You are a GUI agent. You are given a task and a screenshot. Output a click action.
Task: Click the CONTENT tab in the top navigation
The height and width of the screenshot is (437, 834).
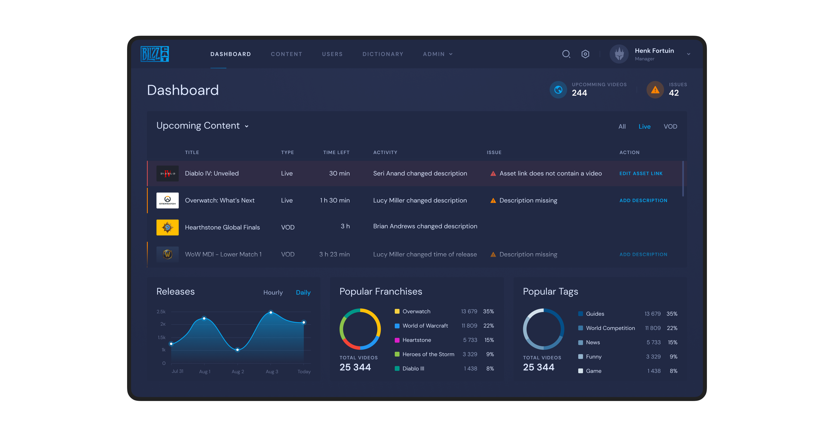click(x=286, y=54)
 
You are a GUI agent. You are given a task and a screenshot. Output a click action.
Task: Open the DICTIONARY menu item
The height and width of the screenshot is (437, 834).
click(x=383, y=54)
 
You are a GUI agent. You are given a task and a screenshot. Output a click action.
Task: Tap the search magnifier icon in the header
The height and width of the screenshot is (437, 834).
click(x=566, y=54)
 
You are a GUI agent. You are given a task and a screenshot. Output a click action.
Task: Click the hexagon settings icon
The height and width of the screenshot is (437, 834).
click(x=585, y=54)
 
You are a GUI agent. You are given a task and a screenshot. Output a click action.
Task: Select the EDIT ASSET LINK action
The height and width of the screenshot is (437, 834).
click(x=641, y=174)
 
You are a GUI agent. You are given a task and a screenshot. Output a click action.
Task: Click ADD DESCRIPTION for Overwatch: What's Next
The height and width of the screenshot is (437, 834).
click(x=643, y=201)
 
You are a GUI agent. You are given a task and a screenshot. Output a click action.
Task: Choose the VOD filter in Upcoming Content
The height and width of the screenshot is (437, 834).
click(x=670, y=127)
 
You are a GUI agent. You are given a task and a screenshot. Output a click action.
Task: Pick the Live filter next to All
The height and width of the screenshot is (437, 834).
click(x=644, y=127)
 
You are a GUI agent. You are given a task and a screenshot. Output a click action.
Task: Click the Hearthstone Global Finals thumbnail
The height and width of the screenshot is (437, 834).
click(x=167, y=228)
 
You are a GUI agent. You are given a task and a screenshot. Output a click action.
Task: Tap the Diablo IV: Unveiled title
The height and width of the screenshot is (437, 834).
click(x=212, y=174)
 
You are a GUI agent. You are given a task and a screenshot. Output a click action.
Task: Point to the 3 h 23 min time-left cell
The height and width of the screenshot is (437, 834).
click(x=334, y=254)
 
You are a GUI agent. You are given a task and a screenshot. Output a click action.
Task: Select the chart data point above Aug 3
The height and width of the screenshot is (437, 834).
click(x=271, y=312)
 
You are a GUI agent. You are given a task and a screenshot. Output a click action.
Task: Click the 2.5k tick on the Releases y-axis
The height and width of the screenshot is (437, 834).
click(x=161, y=312)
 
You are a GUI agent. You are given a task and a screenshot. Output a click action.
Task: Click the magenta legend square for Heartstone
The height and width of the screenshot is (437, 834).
click(x=397, y=340)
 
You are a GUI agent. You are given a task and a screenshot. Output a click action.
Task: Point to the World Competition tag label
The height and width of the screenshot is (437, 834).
click(x=610, y=328)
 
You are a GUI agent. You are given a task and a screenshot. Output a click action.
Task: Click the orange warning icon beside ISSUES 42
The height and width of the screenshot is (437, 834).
click(x=655, y=90)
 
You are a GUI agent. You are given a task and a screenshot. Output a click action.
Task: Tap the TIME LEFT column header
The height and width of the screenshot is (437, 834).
click(x=336, y=152)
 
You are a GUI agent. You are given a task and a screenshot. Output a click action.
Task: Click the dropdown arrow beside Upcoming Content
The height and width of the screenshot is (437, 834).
click(x=247, y=126)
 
